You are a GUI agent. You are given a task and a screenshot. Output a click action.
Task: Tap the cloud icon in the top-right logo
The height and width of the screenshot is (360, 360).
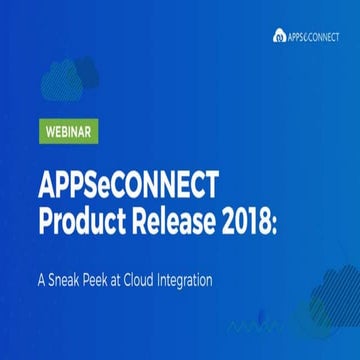[x=279, y=36]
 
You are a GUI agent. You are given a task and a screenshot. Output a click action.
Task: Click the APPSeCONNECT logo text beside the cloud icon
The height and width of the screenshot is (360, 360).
[x=314, y=36]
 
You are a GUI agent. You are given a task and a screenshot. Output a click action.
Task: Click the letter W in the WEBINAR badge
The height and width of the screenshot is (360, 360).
[x=49, y=129]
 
